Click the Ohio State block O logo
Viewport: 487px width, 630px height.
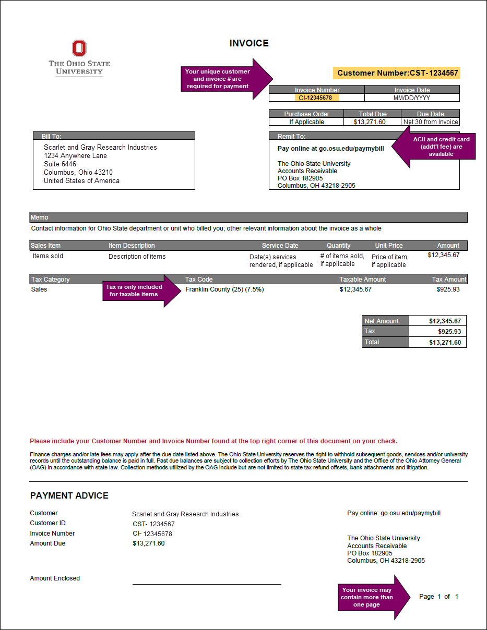click(79, 49)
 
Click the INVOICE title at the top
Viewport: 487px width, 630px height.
click(249, 44)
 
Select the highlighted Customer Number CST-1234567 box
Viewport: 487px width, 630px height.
click(397, 73)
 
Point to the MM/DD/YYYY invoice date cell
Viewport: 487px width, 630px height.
click(412, 98)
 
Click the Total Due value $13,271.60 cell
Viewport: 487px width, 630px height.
click(373, 122)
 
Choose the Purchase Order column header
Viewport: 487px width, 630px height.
click(306, 114)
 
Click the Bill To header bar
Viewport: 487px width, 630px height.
click(114, 136)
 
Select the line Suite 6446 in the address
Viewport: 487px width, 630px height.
click(60, 164)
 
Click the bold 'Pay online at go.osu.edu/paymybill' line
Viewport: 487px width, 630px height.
click(330, 149)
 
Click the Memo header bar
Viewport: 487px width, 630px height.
click(248, 217)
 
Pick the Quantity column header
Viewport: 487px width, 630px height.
click(338, 246)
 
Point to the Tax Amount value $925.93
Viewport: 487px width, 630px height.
click(448, 289)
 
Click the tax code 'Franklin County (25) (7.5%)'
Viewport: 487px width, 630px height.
click(224, 289)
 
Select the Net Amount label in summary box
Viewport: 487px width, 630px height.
click(382, 321)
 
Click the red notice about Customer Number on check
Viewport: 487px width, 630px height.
click(213, 441)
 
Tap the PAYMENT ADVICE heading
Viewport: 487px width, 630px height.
click(69, 495)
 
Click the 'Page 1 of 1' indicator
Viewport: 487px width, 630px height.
click(438, 597)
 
